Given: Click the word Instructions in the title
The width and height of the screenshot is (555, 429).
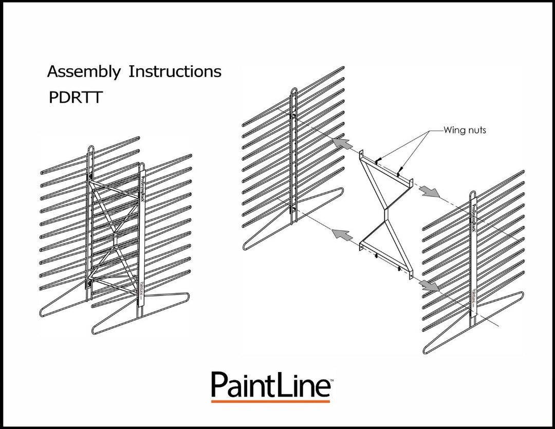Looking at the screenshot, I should coord(175,71).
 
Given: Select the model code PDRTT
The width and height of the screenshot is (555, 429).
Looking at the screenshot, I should coord(75,98).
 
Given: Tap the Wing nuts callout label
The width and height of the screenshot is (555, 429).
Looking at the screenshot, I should coord(465,130).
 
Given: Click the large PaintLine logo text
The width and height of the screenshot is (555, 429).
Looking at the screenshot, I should coord(270,384).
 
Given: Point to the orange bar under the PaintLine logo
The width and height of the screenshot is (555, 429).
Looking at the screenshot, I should coord(270,401).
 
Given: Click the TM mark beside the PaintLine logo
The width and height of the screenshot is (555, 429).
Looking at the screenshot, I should coord(331,380).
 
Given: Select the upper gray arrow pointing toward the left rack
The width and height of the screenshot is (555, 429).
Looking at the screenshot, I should coord(343,143).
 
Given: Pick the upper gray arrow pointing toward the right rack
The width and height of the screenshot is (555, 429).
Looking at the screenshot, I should coord(430,192).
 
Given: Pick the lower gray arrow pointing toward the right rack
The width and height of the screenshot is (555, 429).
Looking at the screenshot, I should coord(430,285).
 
